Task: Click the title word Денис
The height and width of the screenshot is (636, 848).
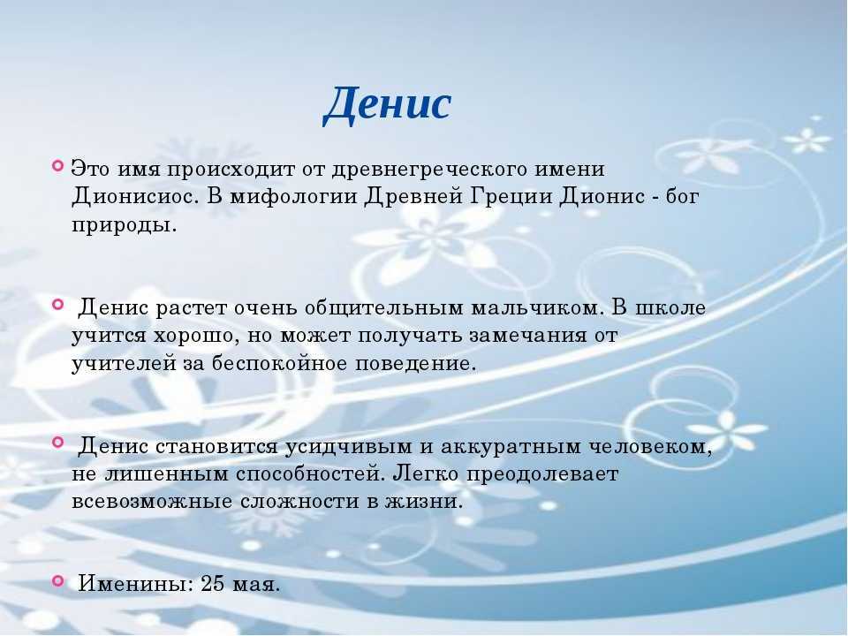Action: click(387, 104)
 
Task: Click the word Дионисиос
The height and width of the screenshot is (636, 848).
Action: click(132, 196)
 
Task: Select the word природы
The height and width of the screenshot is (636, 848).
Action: click(125, 224)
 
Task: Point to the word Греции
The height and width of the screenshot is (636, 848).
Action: click(511, 197)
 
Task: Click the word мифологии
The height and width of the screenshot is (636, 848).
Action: click(293, 197)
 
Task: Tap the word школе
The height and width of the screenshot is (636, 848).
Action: click(670, 307)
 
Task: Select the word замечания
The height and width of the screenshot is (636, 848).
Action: click(528, 336)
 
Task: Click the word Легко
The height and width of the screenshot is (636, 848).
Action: click(425, 474)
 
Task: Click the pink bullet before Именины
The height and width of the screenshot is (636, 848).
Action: click(58, 581)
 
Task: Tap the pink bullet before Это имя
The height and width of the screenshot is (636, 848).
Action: click(58, 165)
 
